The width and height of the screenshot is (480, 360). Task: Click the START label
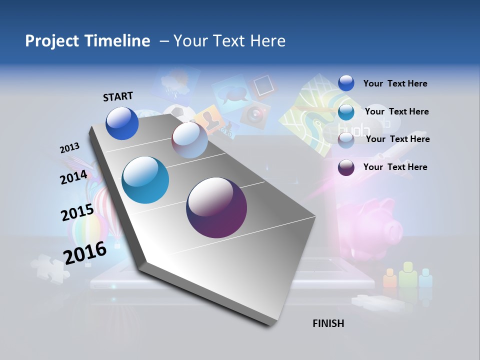(118, 96)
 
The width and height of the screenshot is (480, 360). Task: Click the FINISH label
(328, 323)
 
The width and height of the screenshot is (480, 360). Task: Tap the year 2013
(69, 148)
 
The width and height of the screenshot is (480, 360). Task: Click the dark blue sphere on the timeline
(122, 123)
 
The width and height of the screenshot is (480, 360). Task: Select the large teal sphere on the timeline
(145, 180)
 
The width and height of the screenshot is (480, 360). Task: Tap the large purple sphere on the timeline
(216, 207)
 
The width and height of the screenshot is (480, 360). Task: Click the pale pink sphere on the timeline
(189, 140)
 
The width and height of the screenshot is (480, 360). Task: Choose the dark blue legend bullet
(346, 83)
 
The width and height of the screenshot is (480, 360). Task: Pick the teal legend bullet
(346, 112)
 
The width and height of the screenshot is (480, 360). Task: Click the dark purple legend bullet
(346, 167)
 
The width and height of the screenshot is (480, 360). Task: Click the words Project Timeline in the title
(87, 41)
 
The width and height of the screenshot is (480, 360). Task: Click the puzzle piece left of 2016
(49, 268)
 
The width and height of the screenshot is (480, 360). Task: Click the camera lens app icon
(255, 114)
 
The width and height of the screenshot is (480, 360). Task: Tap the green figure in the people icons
(407, 274)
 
